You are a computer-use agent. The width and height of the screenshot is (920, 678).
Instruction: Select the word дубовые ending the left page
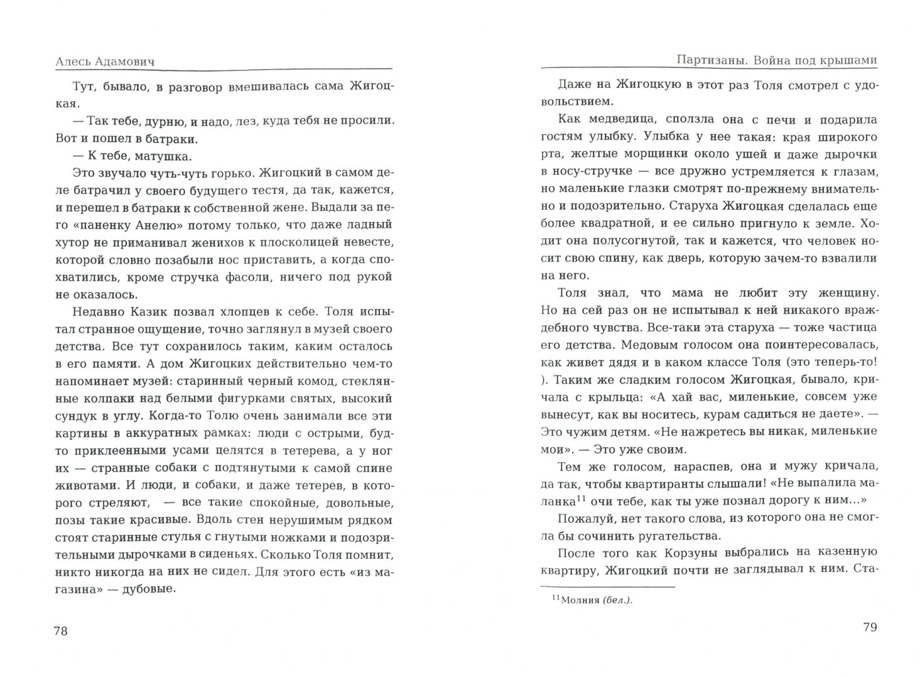pyautogui.click(x=148, y=588)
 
